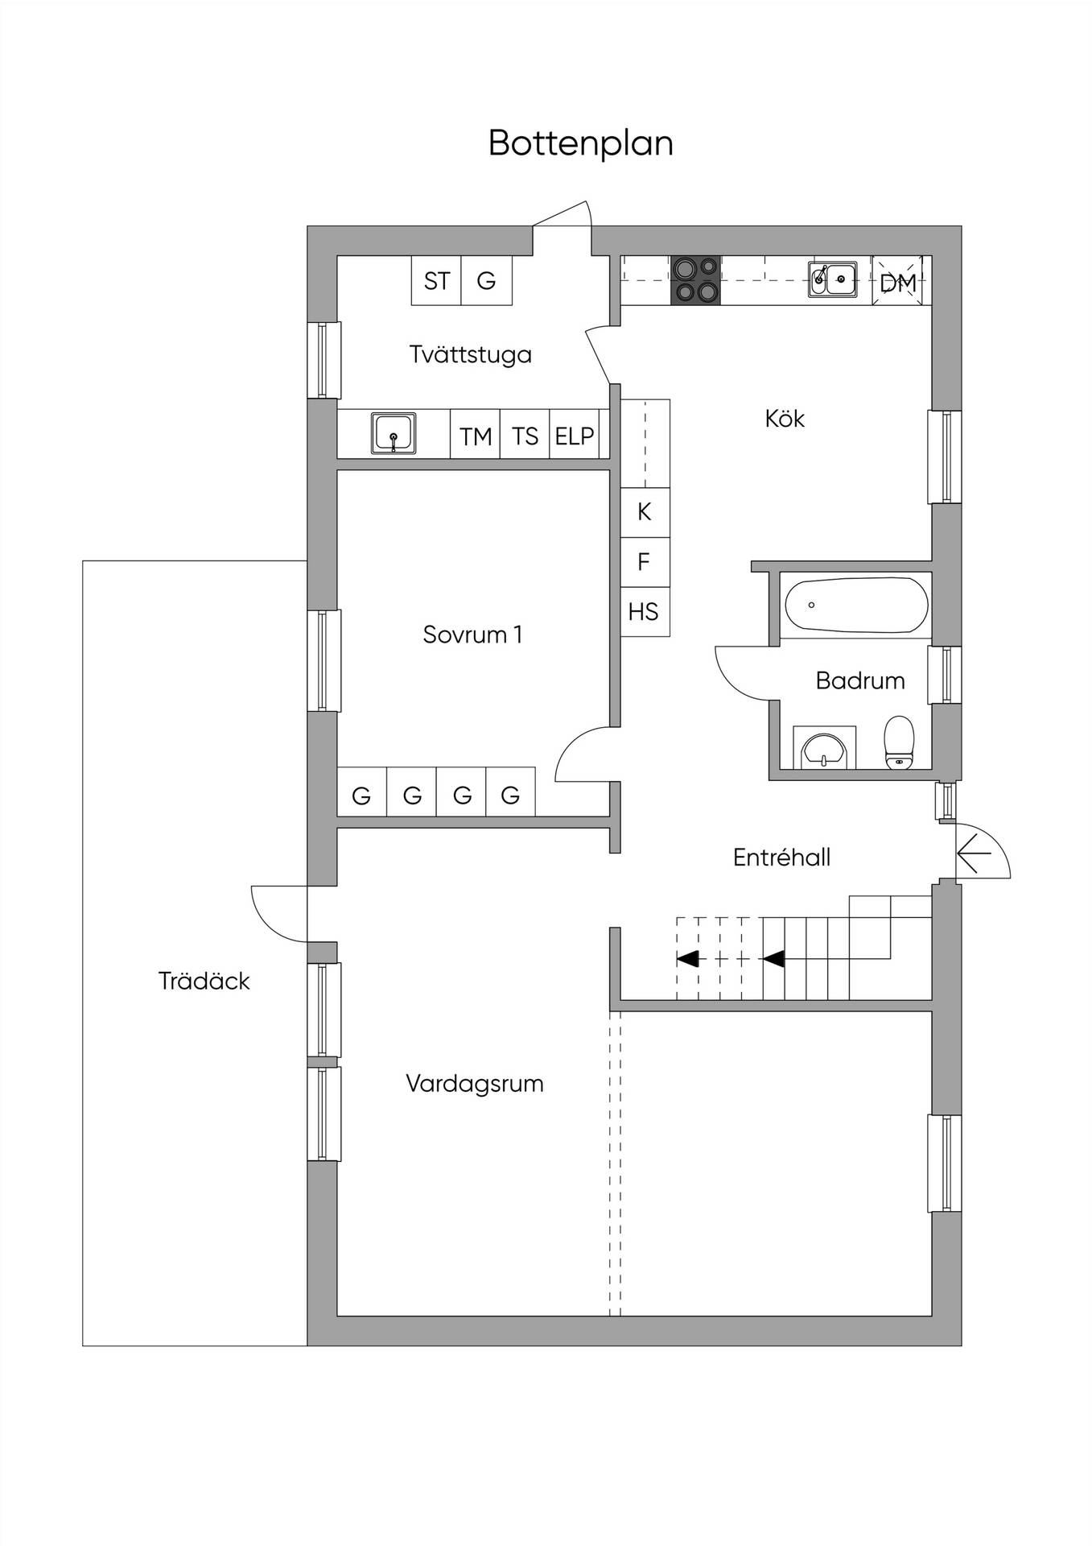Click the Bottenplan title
pos(580,143)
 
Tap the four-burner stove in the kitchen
pos(695,280)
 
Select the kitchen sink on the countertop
pos(832,280)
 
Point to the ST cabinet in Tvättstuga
pos(436,280)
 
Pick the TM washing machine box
pos(475,436)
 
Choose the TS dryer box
pos(525,436)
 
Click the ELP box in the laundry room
pos(575,436)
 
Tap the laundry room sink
pos(394,433)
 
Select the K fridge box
pos(645,512)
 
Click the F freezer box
pos(645,562)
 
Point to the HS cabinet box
pos(645,612)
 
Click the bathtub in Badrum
pos(856,606)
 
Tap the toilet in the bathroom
pos(899,742)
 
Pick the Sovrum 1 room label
pos(473,635)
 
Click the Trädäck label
pos(204,981)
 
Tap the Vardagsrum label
pos(475,1084)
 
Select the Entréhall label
pos(781,858)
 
